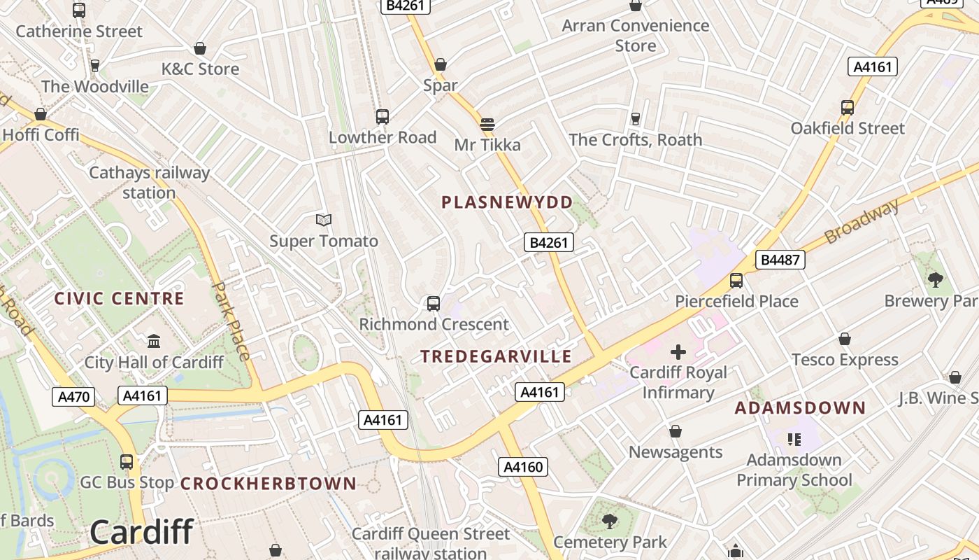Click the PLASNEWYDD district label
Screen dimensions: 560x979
[x=507, y=202]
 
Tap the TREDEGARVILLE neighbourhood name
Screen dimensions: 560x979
[x=496, y=356]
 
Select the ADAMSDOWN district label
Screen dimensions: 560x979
[x=800, y=407]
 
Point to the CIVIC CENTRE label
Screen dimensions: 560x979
[x=120, y=299]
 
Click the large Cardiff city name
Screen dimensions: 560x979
[x=141, y=533]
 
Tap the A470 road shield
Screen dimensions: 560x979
[x=73, y=397]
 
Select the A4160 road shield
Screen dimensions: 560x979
[x=522, y=467]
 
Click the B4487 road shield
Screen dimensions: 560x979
[x=780, y=260]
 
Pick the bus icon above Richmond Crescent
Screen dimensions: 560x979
[x=434, y=304]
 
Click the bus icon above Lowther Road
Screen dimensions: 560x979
[x=382, y=117]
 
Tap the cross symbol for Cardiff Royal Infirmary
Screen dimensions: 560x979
[x=678, y=351]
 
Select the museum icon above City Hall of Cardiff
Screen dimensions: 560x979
[x=154, y=341]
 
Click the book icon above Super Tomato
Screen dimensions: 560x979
[x=323, y=220]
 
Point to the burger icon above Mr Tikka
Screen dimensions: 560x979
[x=487, y=125]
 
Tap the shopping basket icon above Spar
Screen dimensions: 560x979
[x=441, y=65]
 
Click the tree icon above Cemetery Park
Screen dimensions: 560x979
[x=610, y=521]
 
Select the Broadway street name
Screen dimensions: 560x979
[x=862, y=221]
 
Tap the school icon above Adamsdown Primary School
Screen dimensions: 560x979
[x=794, y=440]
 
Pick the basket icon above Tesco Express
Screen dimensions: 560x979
[x=845, y=339]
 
